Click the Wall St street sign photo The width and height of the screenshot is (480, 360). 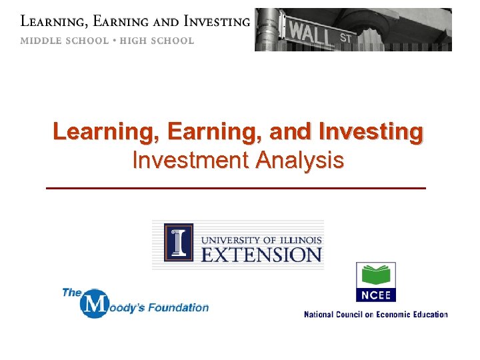[x=353, y=29]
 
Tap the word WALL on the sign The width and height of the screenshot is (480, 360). [x=311, y=30]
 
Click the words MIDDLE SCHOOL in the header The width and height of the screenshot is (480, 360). [x=64, y=41]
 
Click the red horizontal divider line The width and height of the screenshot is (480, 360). [x=235, y=189]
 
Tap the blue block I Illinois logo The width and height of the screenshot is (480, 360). [x=179, y=242]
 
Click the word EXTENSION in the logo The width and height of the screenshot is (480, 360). [x=262, y=254]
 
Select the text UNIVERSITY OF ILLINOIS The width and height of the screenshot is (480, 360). [x=261, y=239]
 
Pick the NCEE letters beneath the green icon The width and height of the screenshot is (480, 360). [x=376, y=295]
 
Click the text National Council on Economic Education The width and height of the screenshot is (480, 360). [x=376, y=314]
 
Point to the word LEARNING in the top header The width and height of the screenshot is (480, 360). [x=53, y=22]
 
